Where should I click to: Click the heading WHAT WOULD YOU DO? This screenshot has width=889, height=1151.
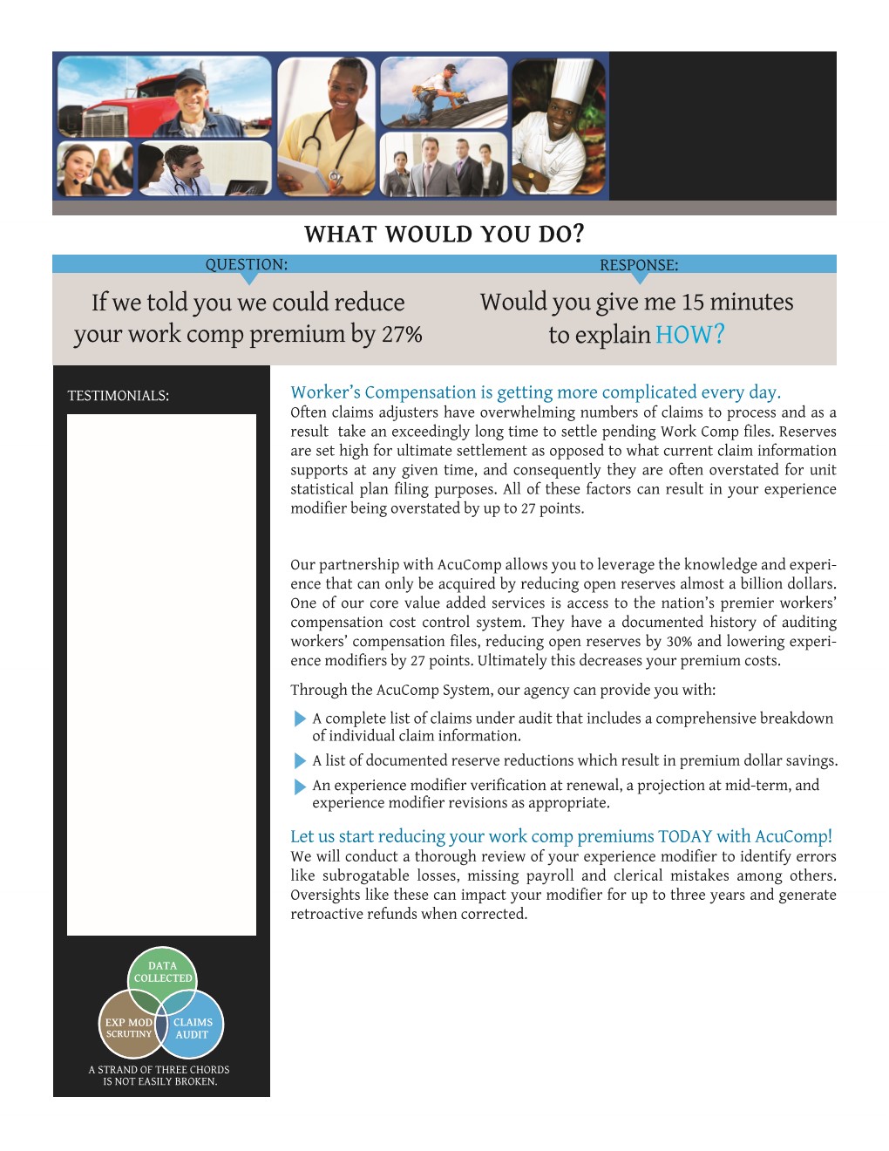(x=444, y=235)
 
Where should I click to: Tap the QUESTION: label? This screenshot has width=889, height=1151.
(x=246, y=264)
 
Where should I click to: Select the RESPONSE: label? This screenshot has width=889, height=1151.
(x=639, y=265)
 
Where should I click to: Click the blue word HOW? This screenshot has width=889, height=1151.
(x=689, y=335)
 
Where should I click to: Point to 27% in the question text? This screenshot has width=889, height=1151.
(x=402, y=334)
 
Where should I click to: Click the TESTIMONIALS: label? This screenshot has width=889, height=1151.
(x=119, y=396)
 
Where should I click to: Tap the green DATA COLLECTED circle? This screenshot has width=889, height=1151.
(x=162, y=971)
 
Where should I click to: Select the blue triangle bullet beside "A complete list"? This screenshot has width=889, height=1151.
(x=301, y=719)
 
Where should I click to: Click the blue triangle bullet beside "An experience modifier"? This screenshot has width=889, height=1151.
(x=301, y=786)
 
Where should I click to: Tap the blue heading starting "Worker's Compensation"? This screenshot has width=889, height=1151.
(x=535, y=392)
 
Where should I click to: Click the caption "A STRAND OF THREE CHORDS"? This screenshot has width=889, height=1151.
(x=159, y=1070)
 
